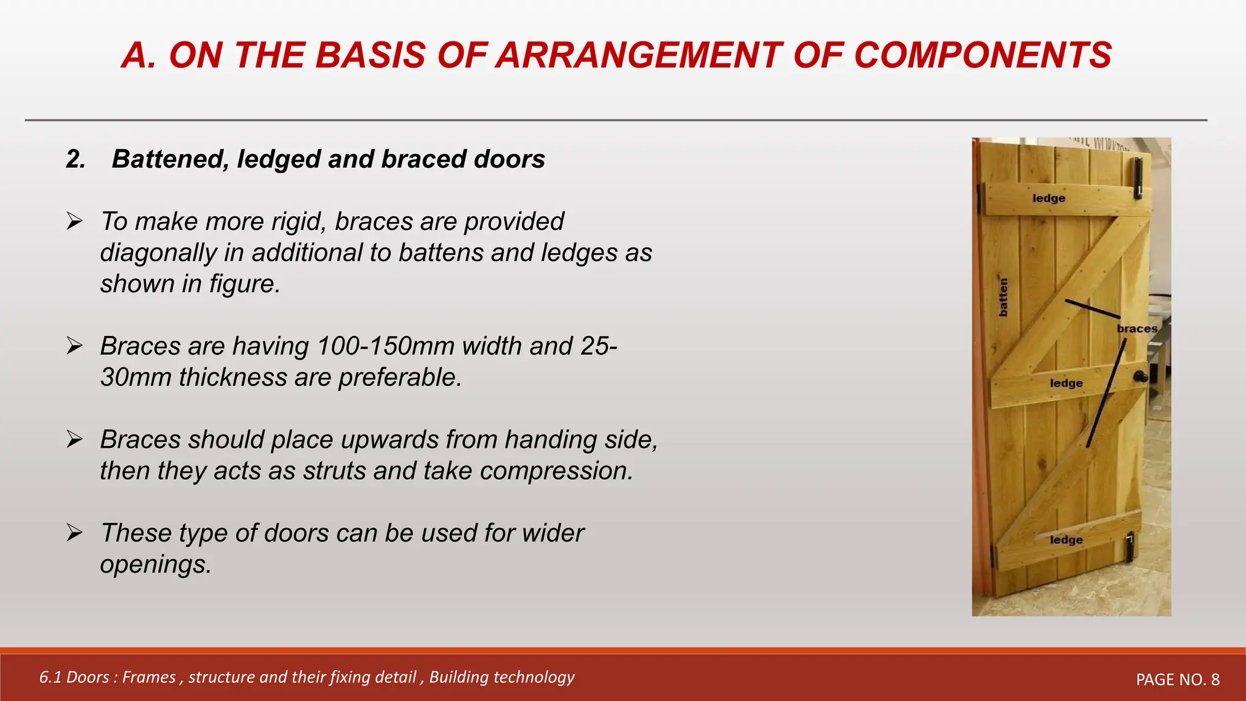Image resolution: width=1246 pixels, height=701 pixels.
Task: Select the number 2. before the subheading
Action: point(75,159)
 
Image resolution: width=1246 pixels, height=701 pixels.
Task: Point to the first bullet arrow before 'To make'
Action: point(74,221)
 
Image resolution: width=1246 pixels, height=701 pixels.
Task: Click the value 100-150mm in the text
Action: point(386,346)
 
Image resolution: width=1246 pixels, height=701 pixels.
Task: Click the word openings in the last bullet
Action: point(155,565)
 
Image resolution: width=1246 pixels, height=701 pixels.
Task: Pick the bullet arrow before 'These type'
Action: point(74,533)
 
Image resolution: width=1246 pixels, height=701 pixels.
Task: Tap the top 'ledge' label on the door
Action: point(1049,198)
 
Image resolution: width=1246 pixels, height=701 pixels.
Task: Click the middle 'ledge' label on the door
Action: point(1066,383)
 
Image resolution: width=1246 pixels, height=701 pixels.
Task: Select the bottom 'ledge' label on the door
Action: point(1066,540)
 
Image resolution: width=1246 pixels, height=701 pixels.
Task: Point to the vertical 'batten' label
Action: point(1003,297)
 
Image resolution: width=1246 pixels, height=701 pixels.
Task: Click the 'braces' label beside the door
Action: point(1136,329)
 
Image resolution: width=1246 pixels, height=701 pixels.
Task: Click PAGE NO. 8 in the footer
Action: point(1177,680)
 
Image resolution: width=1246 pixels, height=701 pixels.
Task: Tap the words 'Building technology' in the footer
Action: point(501,677)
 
